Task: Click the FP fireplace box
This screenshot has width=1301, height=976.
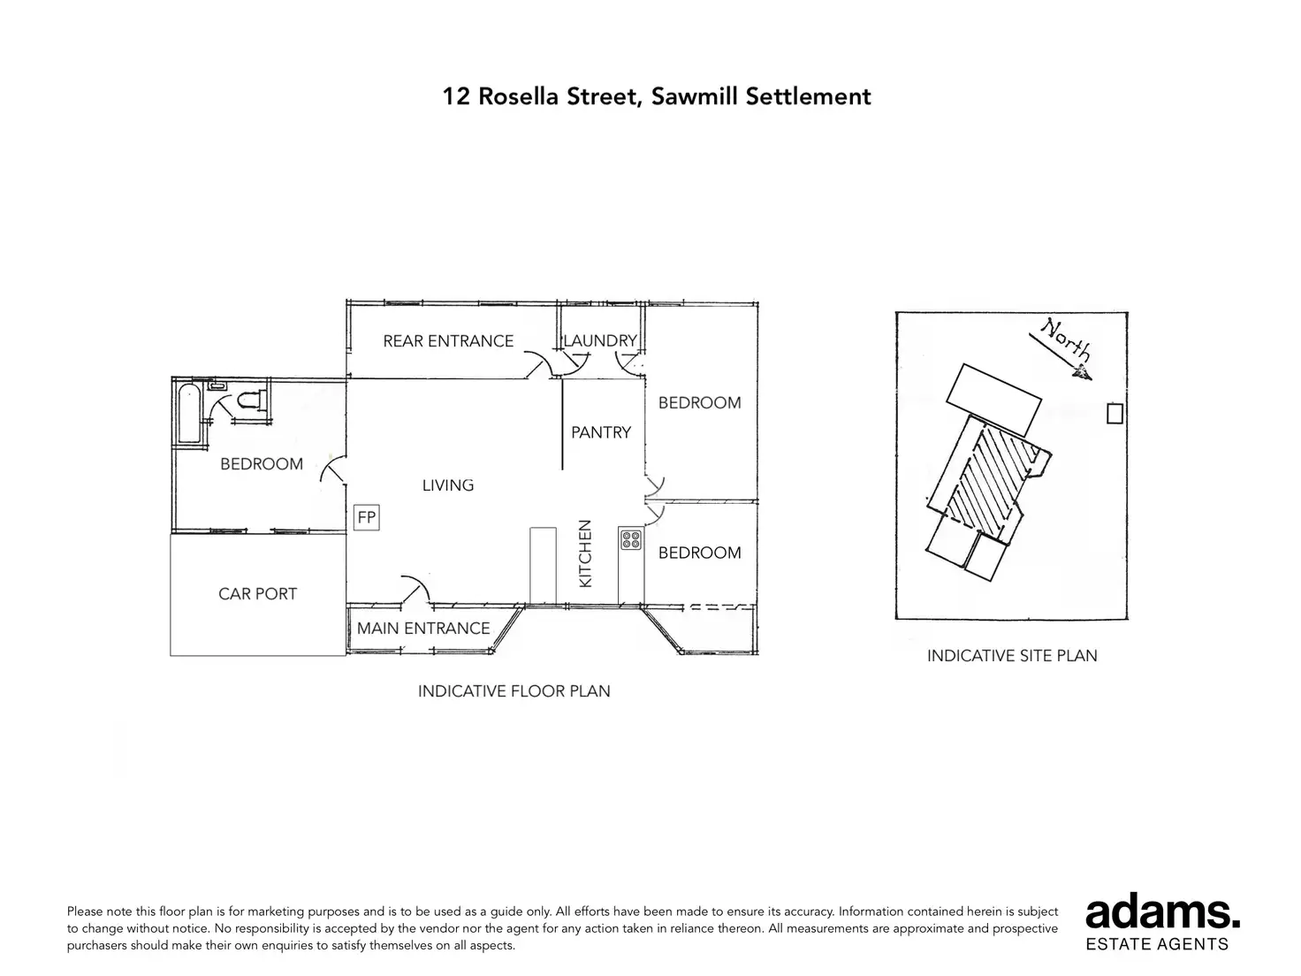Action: (x=366, y=517)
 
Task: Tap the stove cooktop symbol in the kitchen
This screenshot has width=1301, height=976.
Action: (x=630, y=540)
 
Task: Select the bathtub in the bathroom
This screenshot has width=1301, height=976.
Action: (x=189, y=413)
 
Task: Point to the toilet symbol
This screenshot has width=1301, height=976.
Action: (x=248, y=400)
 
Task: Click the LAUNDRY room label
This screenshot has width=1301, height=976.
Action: (x=600, y=340)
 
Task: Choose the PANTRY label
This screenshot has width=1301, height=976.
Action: (x=600, y=432)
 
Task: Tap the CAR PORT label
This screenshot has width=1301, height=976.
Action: (x=257, y=593)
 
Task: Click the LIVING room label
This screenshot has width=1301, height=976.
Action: (x=447, y=484)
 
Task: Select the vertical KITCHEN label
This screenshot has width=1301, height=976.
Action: (x=584, y=553)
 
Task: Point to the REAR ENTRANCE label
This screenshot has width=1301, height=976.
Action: (x=447, y=340)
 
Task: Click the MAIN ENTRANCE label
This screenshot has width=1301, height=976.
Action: (x=423, y=628)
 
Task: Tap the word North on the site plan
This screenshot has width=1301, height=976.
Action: (x=1066, y=339)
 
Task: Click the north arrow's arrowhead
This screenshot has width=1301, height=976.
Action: (x=1083, y=372)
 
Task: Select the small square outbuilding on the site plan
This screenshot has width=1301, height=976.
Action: (x=1115, y=413)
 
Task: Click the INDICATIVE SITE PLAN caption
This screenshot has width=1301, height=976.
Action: (x=1012, y=655)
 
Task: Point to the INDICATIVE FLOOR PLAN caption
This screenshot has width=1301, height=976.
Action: (x=514, y=691)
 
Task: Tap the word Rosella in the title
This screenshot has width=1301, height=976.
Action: (x=519, y=96)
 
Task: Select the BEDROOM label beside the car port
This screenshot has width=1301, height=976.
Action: (x=262, y=463)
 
